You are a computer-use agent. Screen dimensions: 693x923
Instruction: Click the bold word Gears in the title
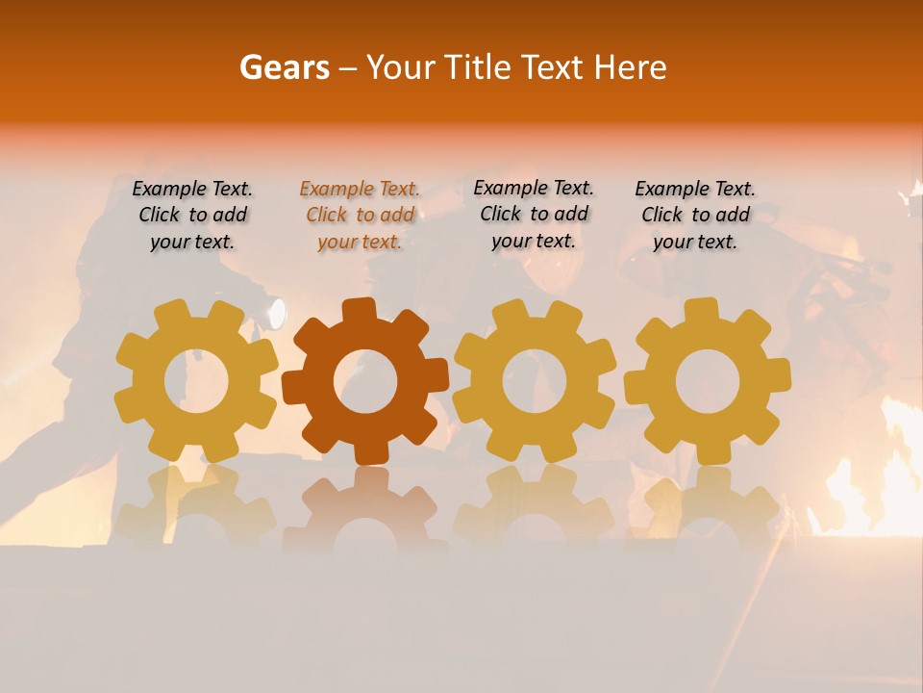click(x=283, y=68)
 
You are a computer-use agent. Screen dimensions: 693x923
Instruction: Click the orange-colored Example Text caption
click(x=360, y=216)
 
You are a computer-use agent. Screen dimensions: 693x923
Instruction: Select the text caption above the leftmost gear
click(x=192, y=216)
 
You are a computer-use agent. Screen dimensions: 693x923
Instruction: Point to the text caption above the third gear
click(x=534, y=215)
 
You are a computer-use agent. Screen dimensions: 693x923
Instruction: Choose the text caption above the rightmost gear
click(x=695, y=216)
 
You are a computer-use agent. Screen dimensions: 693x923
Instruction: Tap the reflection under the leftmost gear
click(x=196, y=506)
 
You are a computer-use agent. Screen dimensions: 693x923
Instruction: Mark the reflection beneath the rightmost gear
click(x=708, y=504)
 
